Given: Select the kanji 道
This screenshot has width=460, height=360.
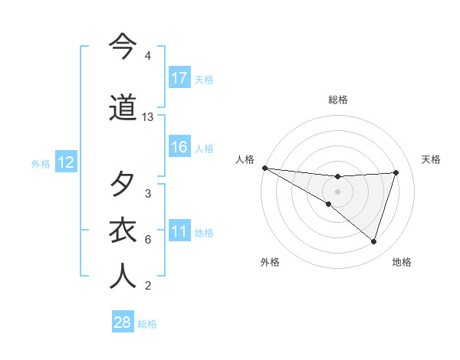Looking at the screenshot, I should point(123,107).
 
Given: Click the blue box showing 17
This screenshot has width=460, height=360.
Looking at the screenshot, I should point(179,78).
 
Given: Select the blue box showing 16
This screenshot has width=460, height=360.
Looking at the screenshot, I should point(179,147).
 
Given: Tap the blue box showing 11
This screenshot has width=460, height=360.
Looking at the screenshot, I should point(179,231).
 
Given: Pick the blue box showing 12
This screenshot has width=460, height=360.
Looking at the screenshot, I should point(65,162).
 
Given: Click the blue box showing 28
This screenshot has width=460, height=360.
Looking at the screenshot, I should point(123,322).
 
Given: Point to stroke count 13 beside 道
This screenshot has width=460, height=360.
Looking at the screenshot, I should point(148,117).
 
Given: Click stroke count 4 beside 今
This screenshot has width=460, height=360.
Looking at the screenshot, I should point(148,56).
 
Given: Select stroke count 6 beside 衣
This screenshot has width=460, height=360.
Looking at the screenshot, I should point(148,240).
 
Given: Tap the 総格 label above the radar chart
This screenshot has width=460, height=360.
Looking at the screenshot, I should point(337,100).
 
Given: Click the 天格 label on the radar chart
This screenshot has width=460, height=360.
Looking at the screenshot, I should point(432,159).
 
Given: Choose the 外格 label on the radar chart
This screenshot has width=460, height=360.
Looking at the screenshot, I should point(270,262).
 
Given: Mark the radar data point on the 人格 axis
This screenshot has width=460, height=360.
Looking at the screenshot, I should point(264,167).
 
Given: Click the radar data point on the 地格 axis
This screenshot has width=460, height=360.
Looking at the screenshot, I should point(374,242).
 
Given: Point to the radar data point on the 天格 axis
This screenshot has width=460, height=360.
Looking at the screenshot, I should point(396,172).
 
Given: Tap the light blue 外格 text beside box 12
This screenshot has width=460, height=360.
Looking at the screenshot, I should point(40,163).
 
